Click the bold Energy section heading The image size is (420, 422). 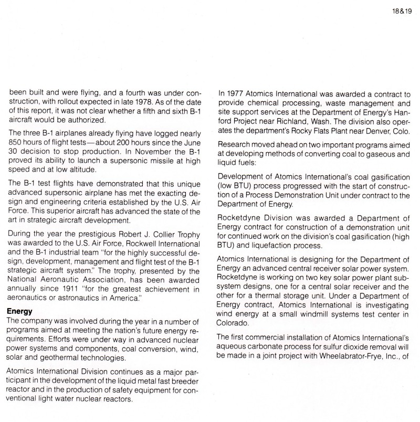[19, 311]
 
